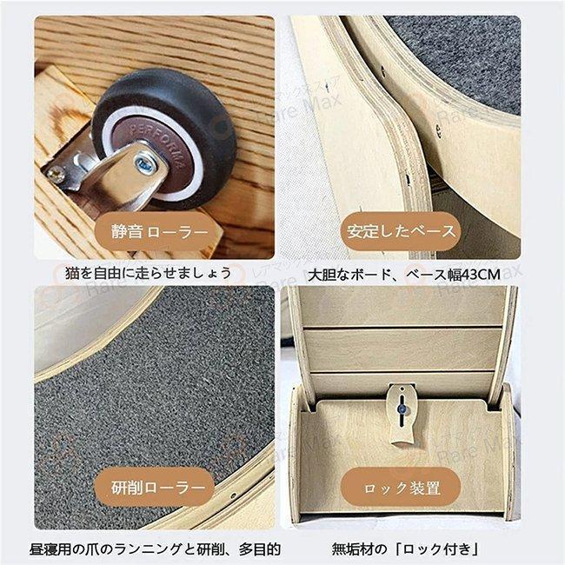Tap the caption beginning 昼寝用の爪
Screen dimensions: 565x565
(x=156, y=548)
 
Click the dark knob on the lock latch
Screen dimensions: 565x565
(x=402, y=403)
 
